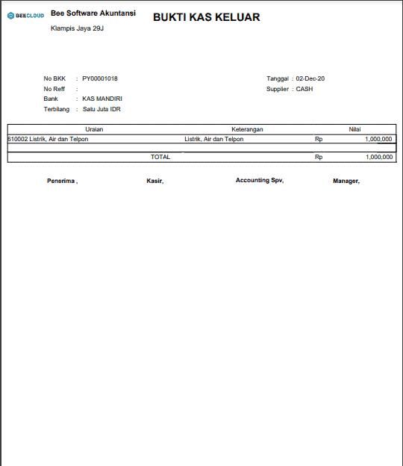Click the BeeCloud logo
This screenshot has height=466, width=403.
click(25, 15)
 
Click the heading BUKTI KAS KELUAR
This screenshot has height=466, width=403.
click(206, 17)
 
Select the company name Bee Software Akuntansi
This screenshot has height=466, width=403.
click(93, 13)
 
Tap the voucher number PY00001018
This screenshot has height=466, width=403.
click(100, 78)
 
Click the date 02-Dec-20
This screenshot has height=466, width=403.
click(310, 78)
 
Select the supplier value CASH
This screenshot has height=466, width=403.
click(304, 89)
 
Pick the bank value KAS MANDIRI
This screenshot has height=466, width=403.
click(102, 99)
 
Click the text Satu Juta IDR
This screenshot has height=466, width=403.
click(101, 109)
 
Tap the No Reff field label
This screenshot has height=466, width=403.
click(54, 89)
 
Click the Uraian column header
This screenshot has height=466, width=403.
click(93, 129)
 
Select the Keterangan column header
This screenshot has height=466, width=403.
click(247, 129)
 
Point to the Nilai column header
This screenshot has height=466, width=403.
click(354, 129)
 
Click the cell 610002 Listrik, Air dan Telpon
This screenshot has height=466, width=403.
click(48, 139)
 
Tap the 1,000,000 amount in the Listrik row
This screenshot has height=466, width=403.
click(378, 139)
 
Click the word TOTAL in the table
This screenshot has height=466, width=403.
click(160, 157)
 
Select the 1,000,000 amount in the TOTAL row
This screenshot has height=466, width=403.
click(378, 157)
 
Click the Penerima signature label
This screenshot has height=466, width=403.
click(62, 181)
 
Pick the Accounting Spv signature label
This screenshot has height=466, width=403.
click(260, 181)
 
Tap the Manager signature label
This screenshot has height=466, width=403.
click(346, 181)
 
